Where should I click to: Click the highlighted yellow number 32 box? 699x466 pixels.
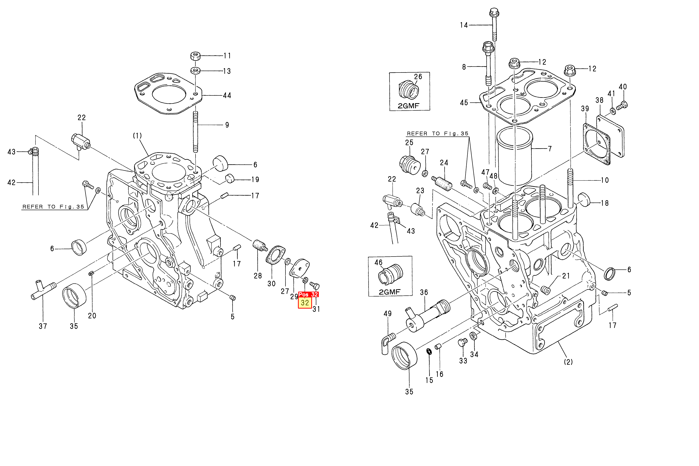click(305, 303)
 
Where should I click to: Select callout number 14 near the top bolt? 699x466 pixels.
click(464, 25)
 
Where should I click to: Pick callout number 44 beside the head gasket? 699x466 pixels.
click(227, 95)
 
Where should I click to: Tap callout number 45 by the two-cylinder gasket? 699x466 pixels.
click(464, 103)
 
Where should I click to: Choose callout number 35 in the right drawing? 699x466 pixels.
click(409, 392)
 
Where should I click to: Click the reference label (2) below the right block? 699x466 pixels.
click(568, 362)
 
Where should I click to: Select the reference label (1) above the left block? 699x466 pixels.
click(137, 136)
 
